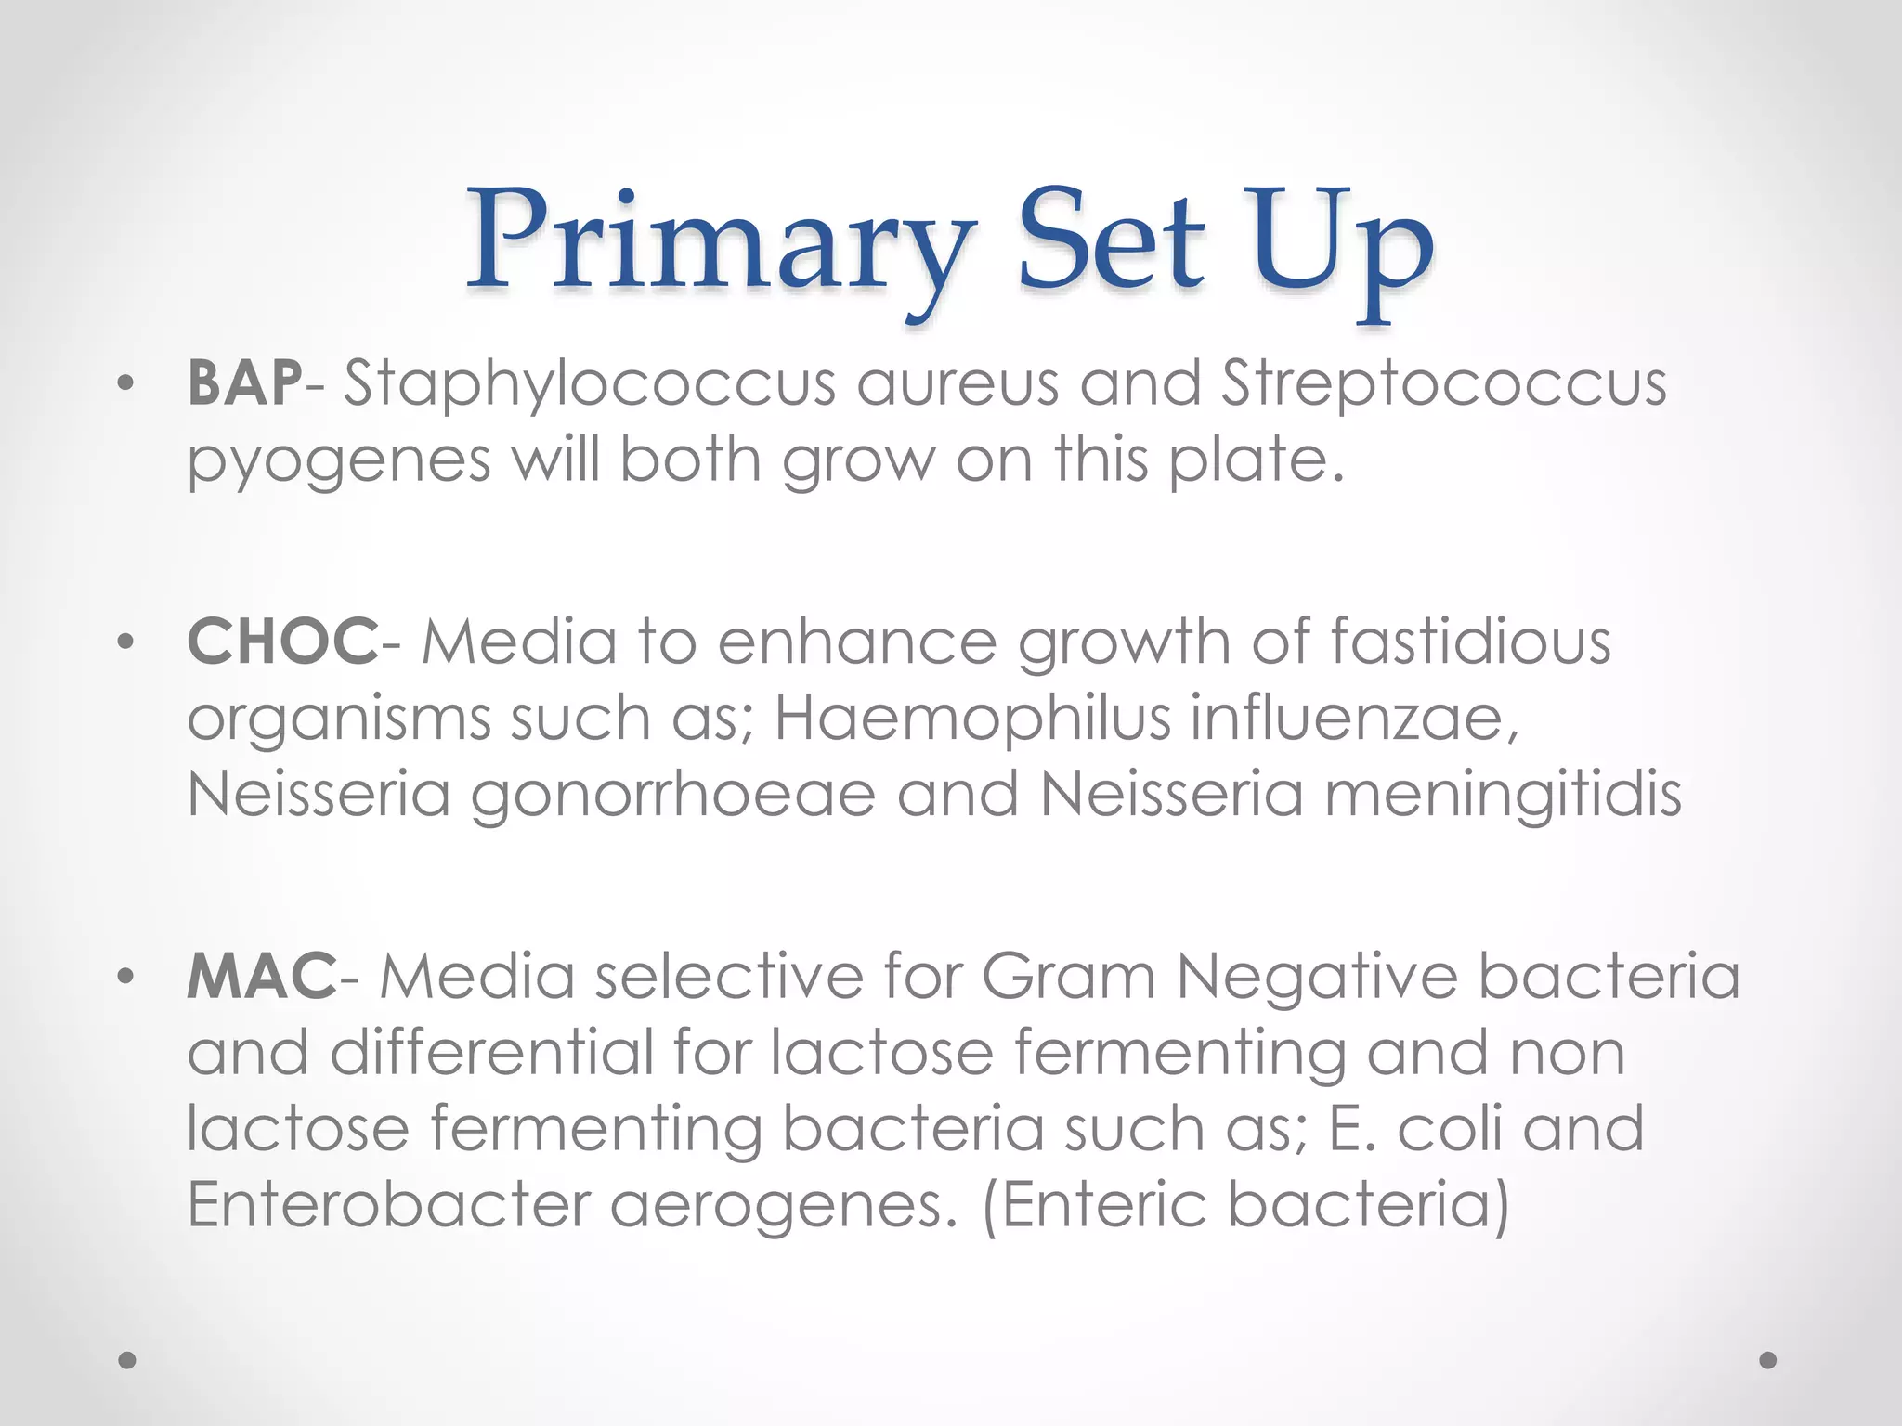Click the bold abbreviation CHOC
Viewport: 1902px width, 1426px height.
[x=282, y=642]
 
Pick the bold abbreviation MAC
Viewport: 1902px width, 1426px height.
[x=261, y=977]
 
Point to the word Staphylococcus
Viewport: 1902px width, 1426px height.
[x=590, y=384]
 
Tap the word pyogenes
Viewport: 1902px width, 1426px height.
[x=339, y=461]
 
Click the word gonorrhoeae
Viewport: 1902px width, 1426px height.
[x=673, y=796]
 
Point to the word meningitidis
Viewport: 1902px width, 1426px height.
[x=1503, y=796]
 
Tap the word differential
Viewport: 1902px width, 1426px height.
[x=492, y=1053]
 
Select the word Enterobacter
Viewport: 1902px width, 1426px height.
[x=388, y=1205]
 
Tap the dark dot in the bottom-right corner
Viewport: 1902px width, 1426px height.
[x=1768, y=1360]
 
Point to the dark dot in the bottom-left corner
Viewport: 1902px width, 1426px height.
[x=128, y=1360]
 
